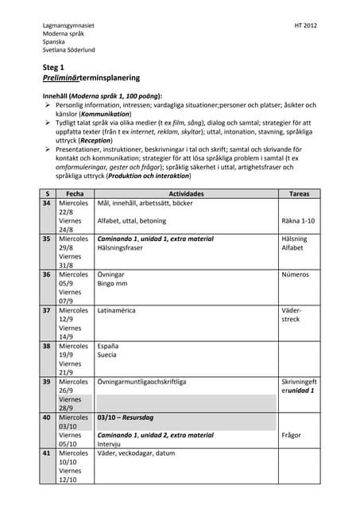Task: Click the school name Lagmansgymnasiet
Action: point(68,26)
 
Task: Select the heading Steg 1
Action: point(55,68)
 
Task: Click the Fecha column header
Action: point(75,193)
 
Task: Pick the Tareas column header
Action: point(299,193)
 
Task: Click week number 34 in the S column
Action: point(47,204)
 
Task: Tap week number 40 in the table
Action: point(47,417)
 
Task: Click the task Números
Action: point(295,274)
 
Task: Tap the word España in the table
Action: point(108,346)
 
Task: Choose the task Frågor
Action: point(292,435)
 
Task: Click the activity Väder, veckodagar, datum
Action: point(136,453)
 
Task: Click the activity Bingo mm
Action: point(112,283)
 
